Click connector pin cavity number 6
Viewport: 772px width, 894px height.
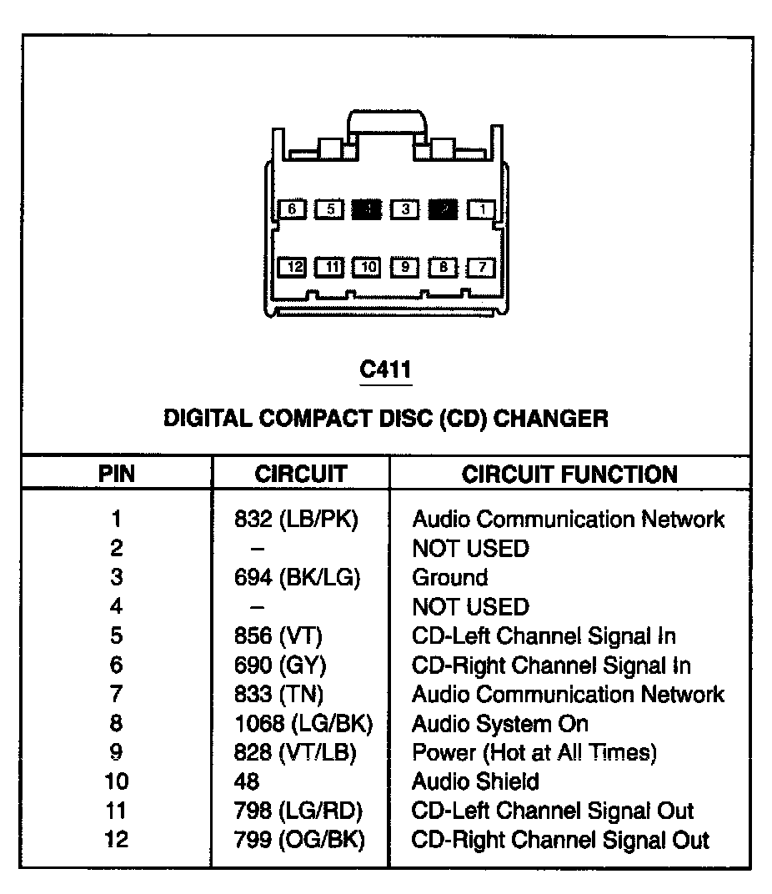(x=293, y=209)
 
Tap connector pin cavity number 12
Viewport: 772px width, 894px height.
(x=293, y=267)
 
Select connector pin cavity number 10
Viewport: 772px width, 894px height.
(x=367, y=267)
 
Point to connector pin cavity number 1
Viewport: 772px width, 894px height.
(x=481, y=209)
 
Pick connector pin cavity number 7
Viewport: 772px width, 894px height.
(x=481, y=267)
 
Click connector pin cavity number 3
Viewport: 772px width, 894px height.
(x=405, y=209)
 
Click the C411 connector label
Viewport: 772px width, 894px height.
(x=385, y=369)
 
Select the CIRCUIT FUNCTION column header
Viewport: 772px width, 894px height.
(x=569, y=475)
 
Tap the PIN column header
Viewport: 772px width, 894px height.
(x=117, y=475)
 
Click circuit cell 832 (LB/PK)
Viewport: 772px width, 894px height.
(x=296, y=520)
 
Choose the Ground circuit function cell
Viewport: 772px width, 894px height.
(x=450, y=578)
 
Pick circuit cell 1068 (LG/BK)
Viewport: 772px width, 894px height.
(x=303, y=724)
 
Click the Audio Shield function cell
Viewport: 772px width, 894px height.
(x=475, y=782)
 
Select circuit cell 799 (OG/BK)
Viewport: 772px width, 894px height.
(x=300, y=840)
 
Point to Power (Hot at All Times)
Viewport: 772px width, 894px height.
(x=534, y=753)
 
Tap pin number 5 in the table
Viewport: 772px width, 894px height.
(x=117, y=636)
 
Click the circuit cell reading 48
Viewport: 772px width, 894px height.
(x=248, y=782)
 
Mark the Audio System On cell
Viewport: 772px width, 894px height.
(x=500, y=724)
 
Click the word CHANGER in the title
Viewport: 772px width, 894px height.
(x=551, y=418)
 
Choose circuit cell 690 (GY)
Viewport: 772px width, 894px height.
(x=280, y=665)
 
